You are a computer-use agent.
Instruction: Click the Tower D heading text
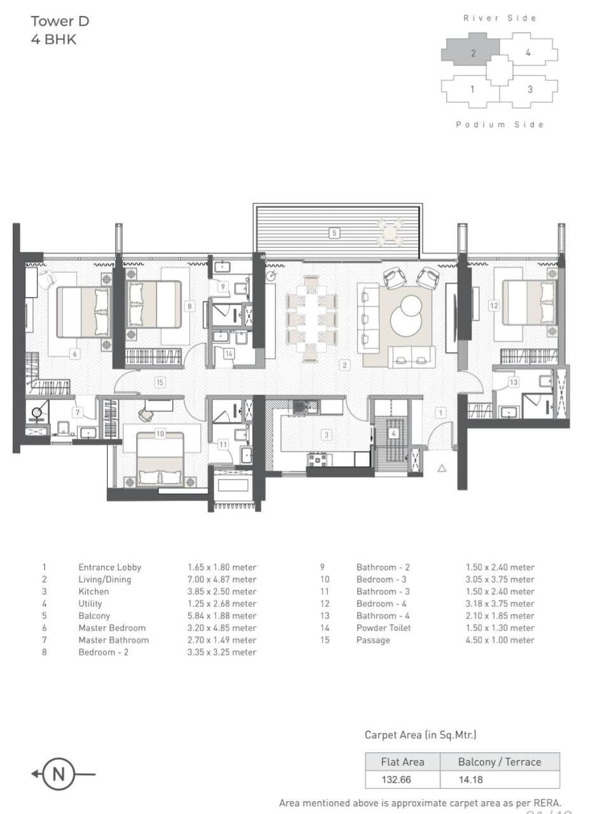60,21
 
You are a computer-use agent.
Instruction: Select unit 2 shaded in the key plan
472,53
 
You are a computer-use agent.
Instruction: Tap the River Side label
500,18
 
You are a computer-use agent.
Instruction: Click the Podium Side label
500,125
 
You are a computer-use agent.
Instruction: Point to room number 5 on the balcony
334,233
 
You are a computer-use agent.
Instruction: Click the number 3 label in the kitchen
326,435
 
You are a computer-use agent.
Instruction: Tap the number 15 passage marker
160,382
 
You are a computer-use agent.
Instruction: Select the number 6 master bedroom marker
74,354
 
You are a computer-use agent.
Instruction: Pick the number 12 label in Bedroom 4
494,305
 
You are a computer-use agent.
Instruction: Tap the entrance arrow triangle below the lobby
442,468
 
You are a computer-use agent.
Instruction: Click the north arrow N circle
59,774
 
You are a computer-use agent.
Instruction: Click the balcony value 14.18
470,779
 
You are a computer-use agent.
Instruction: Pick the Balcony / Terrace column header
499,761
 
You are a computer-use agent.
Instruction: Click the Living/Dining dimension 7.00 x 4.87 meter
221,579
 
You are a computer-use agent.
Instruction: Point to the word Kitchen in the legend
94,591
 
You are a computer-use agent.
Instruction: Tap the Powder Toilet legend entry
383,628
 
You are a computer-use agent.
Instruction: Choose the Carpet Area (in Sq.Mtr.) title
420,735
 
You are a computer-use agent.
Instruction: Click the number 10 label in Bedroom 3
160,434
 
